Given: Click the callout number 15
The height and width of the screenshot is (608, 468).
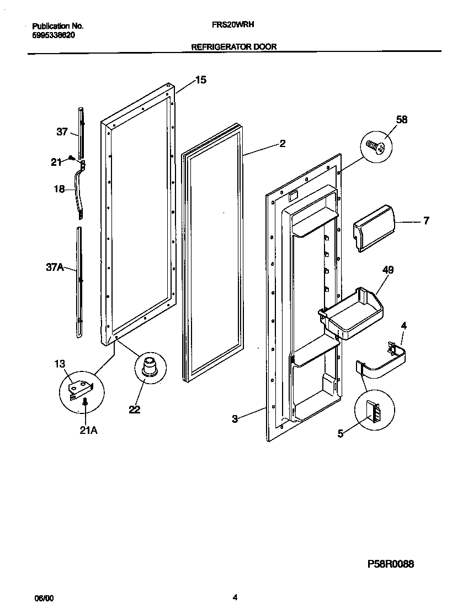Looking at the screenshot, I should (x=201, y=80).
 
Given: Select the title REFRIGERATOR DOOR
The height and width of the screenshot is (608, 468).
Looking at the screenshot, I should (x=233, y=47).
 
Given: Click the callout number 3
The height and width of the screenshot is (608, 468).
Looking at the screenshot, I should (x=235, y=419).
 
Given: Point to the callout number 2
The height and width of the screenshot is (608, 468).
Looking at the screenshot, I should (x=282, y=144).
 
